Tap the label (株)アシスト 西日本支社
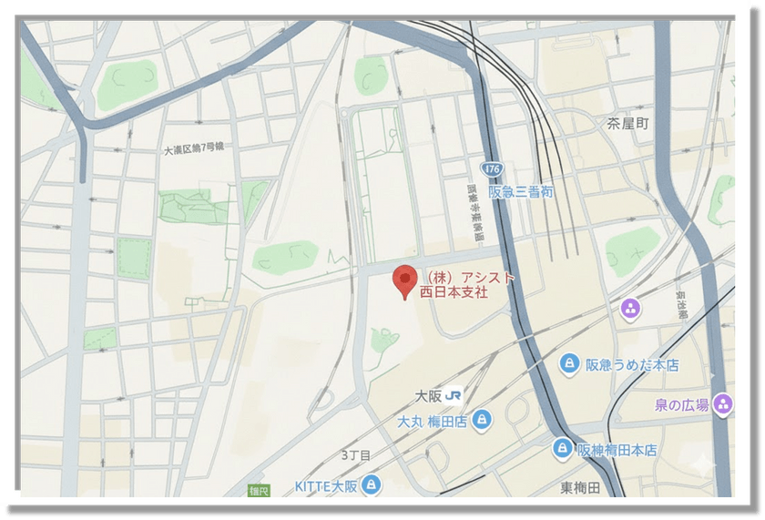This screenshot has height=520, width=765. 465,285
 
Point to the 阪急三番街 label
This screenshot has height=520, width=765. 520,192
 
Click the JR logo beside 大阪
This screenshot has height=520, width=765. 453,396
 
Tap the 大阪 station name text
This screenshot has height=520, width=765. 429,396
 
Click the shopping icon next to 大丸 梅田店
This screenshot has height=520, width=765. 483,421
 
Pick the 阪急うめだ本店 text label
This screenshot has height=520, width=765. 633,365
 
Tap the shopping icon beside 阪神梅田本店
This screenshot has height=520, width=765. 563,449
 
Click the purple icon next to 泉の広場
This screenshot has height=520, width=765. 724,403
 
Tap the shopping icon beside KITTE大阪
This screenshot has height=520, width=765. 371,484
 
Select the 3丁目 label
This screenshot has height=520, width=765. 356,454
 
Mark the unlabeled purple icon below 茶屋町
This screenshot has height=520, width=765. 630,310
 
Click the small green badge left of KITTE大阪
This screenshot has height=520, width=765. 260,492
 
